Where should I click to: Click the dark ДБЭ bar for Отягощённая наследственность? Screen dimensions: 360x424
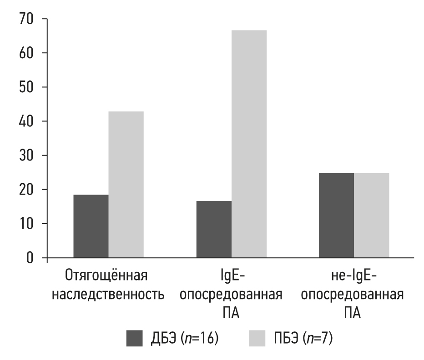click(91, 226)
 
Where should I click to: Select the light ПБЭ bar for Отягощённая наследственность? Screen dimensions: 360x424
click(126, 185)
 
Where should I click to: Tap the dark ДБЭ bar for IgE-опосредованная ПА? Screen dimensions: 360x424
click(214, 229)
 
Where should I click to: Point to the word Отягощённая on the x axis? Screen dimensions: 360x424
click(108, 277)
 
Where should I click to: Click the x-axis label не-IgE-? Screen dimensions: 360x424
click(353, 277)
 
